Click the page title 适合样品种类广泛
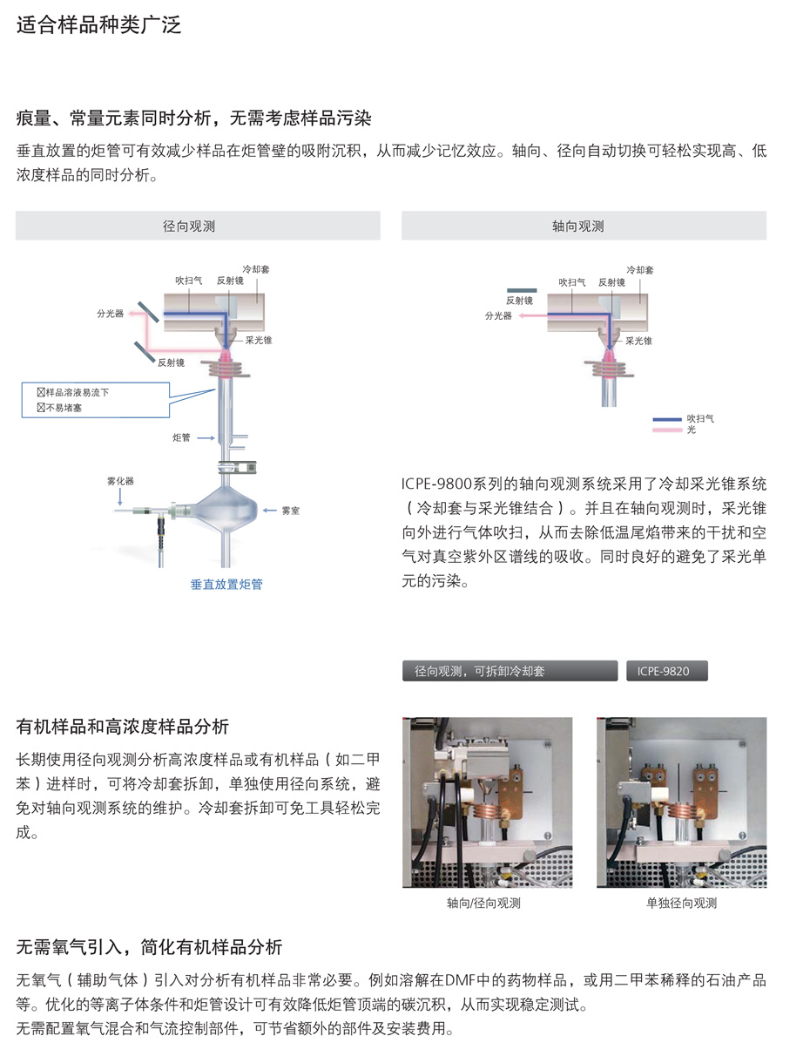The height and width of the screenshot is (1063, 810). [98, 24]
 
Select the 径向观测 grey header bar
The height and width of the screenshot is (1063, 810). [198, 226]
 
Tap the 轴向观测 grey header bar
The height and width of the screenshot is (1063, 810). [584, 226]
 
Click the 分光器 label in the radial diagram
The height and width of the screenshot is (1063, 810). [111, 314]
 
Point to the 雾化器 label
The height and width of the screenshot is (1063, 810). [120, 481]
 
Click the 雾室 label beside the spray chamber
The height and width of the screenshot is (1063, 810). [291, 511]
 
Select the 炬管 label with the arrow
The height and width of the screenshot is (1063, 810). [181, 437]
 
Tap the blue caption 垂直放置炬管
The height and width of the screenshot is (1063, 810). [226, 584]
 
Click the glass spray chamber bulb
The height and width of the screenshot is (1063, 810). [226, 510]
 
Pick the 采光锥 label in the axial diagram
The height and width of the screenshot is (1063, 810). [638, 341]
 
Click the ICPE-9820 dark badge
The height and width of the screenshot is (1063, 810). [667, 671]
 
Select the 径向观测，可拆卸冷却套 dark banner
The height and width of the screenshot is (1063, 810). [510, 671]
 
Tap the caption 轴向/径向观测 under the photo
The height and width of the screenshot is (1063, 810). [483, 903]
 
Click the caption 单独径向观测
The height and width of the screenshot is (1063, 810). [681, 903]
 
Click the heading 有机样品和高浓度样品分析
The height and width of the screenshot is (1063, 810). [123, 727]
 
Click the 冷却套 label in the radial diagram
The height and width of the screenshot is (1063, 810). [256, 269]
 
